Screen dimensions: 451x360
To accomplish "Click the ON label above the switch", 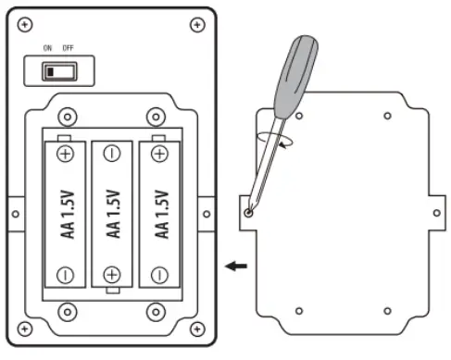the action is [47, 48].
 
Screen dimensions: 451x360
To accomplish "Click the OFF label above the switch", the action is [68, 48].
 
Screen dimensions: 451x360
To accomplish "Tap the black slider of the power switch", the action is [50, 72].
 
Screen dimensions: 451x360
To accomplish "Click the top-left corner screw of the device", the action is [25, 25].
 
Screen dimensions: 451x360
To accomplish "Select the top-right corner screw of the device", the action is [197, 25].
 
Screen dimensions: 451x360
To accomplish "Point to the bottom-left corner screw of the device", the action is [25, 329].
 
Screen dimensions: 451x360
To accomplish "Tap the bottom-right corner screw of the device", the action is [197, 329].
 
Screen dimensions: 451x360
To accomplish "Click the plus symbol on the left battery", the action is [66, 154].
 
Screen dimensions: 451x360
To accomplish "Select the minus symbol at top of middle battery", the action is [112, 154].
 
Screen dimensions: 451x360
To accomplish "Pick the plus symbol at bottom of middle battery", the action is [112, 275].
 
